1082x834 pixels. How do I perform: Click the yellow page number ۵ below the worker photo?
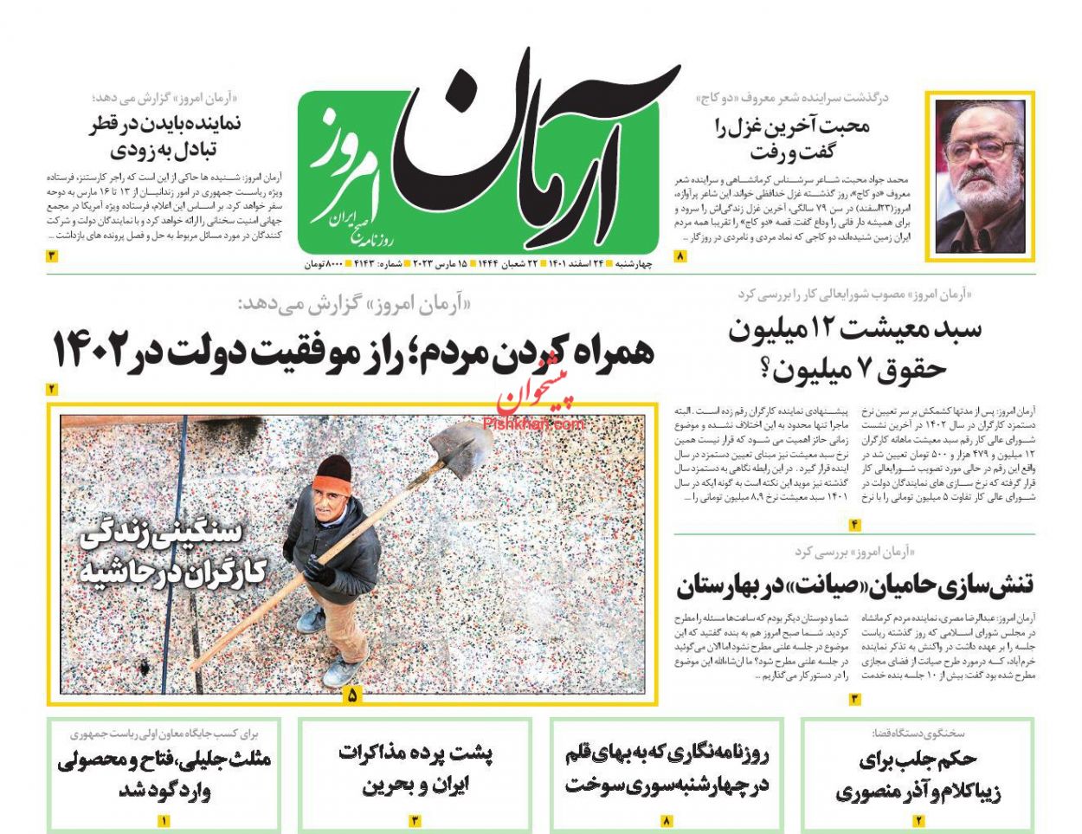tap(351, 694)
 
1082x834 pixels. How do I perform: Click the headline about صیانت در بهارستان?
tap(854, 585)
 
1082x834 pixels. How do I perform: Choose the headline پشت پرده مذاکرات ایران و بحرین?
tap(415, 768)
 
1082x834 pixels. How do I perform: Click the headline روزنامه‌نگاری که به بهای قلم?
tap(667, 769)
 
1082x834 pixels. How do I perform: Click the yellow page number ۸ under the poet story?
tap(680, 256)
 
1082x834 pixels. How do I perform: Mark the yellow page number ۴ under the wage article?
tap(854, 524)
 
